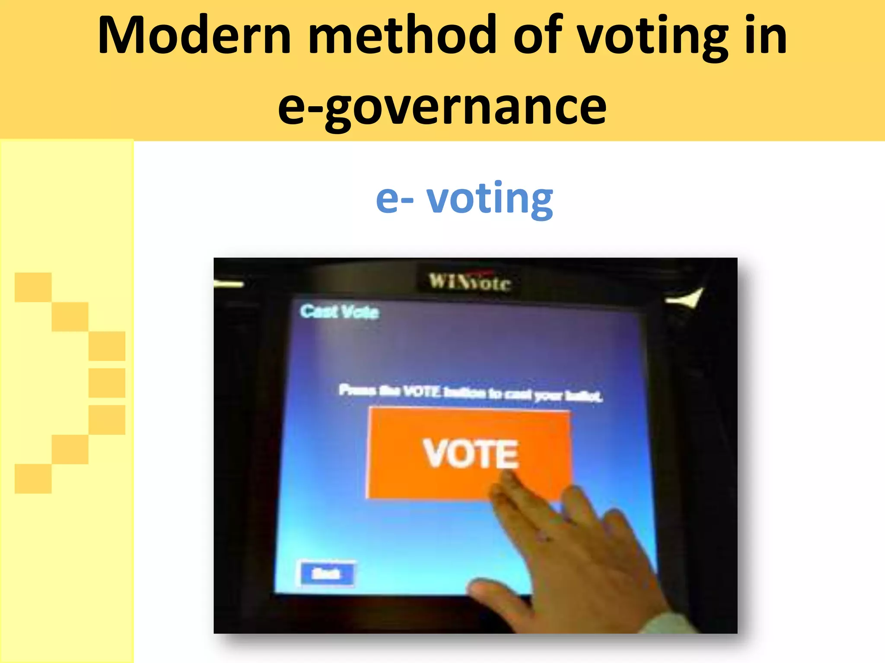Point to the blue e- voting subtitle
(x=464, y=199)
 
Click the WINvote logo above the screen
(x=469, y=282)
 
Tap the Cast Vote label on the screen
(x=340, y=312)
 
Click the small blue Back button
(x=327, y=574)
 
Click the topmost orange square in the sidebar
(x=33, y=287)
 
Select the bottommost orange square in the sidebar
(x=33, y=479)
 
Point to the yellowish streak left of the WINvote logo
(x=229, y=284)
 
